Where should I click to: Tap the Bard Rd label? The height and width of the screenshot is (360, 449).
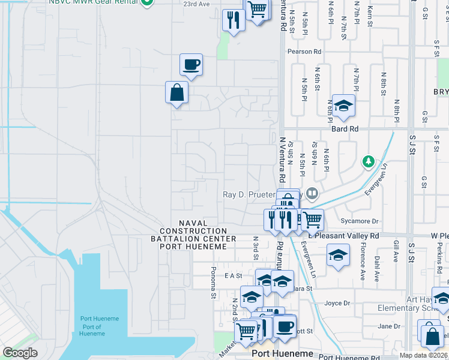pyautogui.click(x=345, y=128)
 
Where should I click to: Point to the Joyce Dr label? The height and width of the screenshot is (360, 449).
pyautogui.click(x=337, y=304)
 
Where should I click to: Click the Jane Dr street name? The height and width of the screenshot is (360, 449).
pyautogui.click(x=389, y=326)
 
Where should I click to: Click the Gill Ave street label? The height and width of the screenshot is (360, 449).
pyautogui.click(x=396, y=252)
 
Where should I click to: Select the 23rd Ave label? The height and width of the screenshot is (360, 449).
pyautogui.click(x=196, y=4)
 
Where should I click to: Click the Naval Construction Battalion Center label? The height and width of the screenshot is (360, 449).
pyautogui.click(x=193, y=231)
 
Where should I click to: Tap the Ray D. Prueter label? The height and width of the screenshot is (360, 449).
pyautogui.click(x=249, y=194)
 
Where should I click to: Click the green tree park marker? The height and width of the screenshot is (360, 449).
pyautogui.click(x=368, y=161)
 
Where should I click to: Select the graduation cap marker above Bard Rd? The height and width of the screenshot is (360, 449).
pyautogui.click(x=343, y=107)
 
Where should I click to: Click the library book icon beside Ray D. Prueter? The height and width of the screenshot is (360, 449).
pyautogui.click(x=312, y=194)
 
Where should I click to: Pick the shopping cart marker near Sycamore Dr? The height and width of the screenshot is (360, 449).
pyautogui.click(x=312, y=220)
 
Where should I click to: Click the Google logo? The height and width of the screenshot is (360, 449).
pyautogui.click(x=20, y=353)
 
